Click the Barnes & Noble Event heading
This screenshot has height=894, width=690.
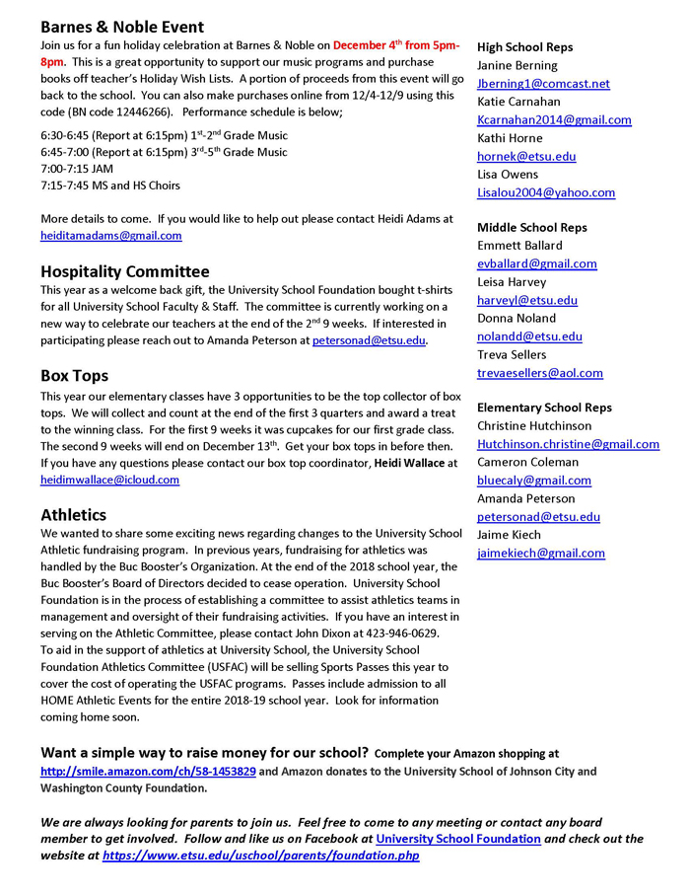click(122, 27)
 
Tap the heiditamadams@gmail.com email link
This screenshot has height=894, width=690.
click(110, 236)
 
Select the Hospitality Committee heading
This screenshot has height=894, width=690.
click(124, 270)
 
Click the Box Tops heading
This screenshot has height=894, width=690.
click(74, 376)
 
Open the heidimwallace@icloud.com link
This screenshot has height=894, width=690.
click(109, 480)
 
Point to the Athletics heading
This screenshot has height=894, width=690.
click(73, 514)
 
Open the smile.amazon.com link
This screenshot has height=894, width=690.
click(148, 771)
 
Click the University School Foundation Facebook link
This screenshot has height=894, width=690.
click(457, 839)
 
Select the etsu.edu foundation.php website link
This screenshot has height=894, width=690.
click(260, 856)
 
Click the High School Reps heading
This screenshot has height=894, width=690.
click(524, 47)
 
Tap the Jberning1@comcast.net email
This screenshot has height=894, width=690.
click(543, 84)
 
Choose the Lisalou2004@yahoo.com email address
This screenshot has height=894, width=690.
click(546, 192)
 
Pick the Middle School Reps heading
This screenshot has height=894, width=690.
click(531, 227)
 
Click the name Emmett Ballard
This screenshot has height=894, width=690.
click(519, 245)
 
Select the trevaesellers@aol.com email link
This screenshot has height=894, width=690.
click(540, 373)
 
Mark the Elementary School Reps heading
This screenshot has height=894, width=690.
click(544, 408)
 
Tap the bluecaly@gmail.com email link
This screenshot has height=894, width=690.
click(534, 481)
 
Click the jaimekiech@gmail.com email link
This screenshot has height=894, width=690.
click(541, 553)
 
